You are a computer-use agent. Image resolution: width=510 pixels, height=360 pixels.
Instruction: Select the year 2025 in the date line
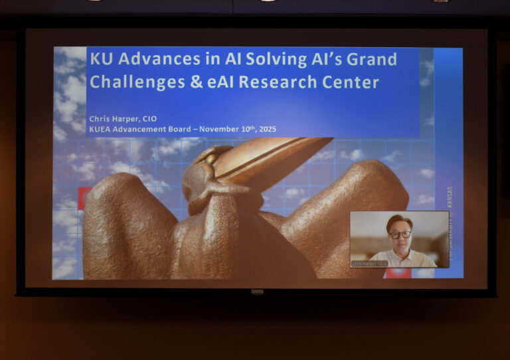click(x=265, y=129)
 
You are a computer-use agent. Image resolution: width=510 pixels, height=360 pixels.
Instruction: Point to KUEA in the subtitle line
click(x=100, y=129)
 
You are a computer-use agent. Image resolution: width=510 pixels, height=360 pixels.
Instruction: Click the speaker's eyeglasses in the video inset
click(x=400, y=234)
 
